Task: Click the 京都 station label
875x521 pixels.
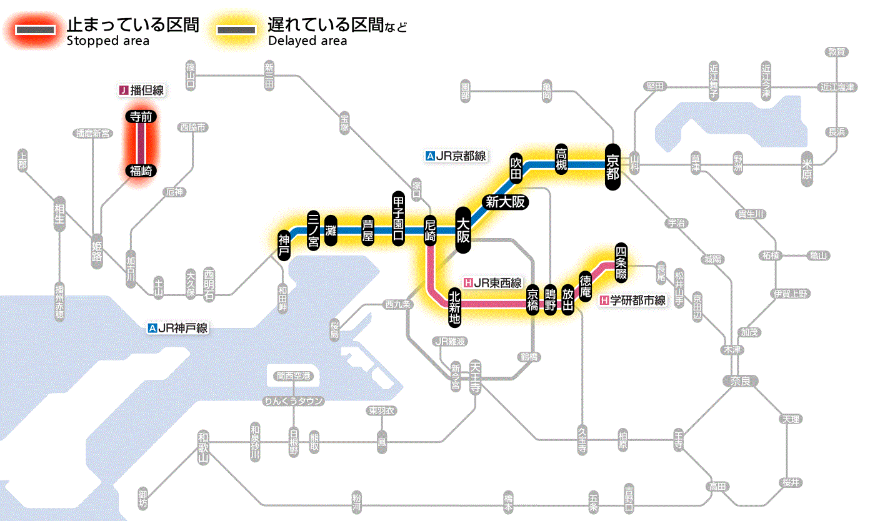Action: click(612, 166)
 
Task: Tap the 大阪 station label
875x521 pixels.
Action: click(463, 230)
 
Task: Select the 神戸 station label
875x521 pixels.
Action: click(284, 245)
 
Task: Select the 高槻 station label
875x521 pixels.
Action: click(562, 159)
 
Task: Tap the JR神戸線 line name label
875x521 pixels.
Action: click(178, 328)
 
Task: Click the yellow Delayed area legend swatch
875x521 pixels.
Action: click(236, 29)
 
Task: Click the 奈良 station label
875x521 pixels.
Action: click(739, 380)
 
